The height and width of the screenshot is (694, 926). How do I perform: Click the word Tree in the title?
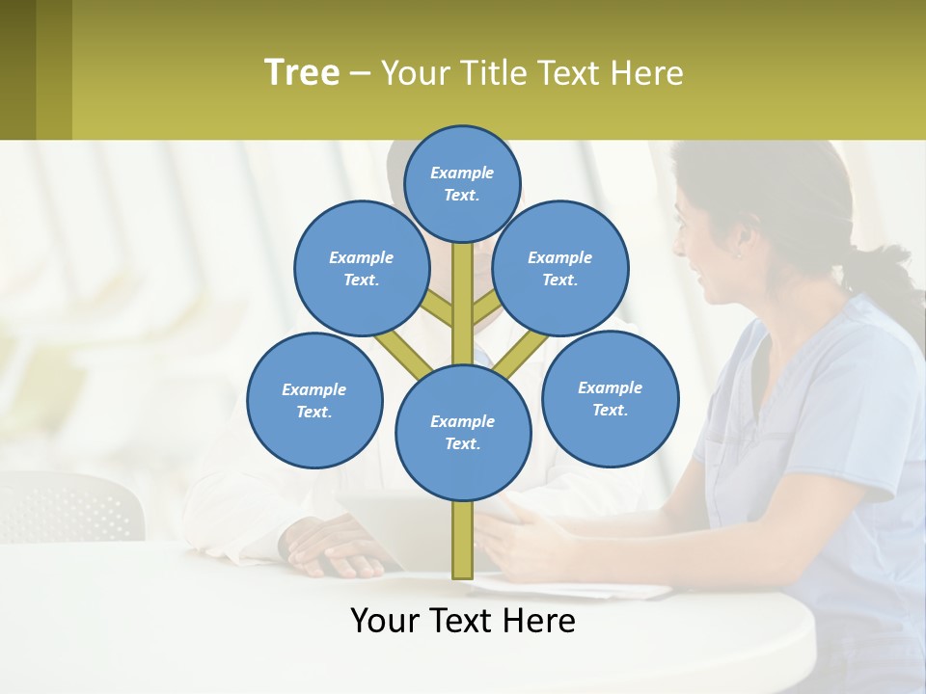coord(302,72)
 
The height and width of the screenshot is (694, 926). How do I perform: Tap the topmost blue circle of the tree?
coord(462,183)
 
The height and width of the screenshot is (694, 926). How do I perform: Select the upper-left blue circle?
coord(361,268)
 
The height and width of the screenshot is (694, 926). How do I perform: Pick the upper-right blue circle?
coord(560,268)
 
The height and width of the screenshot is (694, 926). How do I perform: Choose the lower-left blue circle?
coord(314,400)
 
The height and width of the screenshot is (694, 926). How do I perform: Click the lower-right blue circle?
coord(610,398)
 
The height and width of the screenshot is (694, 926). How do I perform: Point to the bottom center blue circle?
coord(463,432)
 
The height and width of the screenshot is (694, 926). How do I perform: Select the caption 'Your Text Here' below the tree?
coord(462,621)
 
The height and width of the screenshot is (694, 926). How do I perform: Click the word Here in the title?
coord(646,73)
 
